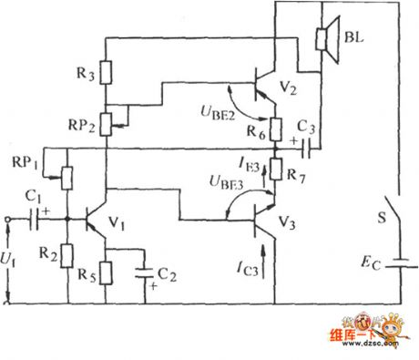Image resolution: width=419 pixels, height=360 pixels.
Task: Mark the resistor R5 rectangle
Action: pyautogui.click(x=107, y=273)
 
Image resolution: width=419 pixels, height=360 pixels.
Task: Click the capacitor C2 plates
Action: pyautogui.click(x=142, y=271)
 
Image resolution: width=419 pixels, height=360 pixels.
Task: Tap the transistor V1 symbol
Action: pyautogui.click(x=94, y=219)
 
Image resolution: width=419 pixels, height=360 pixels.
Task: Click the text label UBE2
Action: pyautogui.click(x=214, y=113)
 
